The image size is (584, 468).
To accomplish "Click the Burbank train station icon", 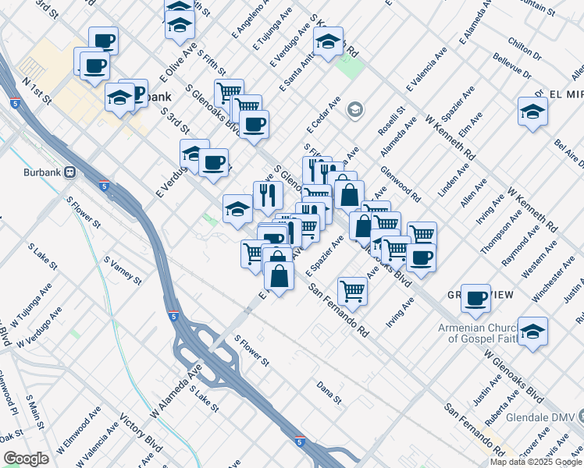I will point(69,171).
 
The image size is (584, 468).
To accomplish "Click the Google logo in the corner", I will point(26,459).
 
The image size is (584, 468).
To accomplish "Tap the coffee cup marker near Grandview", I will point(475,297).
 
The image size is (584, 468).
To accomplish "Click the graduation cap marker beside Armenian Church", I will point(532,331).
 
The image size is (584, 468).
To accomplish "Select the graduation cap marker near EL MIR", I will point(532,111).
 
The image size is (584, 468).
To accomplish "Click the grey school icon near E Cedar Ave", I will point(355,109).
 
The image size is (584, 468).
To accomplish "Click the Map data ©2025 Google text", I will point(536,462).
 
